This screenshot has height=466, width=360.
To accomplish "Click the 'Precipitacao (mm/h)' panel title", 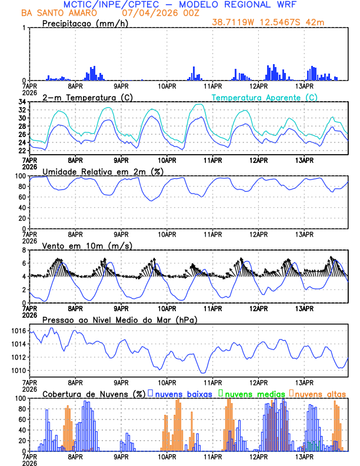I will click(85, 23).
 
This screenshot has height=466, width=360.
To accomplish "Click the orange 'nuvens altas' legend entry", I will click(319, 393).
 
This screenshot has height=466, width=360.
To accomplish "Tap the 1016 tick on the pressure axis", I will click(17, 331).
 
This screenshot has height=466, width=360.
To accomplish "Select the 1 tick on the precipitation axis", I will click(24, 28).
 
